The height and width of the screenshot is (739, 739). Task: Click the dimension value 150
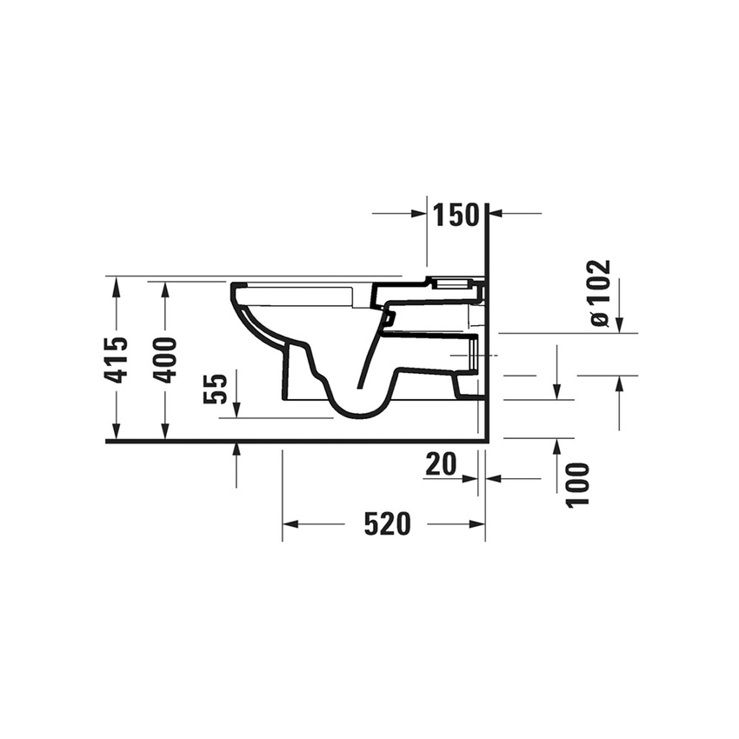(456, 215)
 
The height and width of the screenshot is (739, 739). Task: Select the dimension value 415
(116, 359)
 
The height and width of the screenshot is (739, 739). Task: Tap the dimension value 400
(165, 359)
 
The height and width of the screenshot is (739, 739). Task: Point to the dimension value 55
(216, 388)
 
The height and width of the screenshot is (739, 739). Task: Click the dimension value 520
(387, 523)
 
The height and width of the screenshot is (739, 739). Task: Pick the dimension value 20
(442, 465)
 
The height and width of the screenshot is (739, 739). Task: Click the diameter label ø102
(600, 293)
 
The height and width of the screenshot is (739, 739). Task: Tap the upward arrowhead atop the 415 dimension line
(116, 284)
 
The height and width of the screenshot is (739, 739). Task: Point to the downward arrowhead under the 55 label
(236, 411)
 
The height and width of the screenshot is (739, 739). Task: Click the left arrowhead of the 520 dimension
(290, 523)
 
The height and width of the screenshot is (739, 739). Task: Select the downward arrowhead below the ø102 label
(620, 325)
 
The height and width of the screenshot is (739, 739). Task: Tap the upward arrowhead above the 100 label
(556, 445)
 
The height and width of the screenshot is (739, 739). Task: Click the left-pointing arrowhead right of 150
(497, 213)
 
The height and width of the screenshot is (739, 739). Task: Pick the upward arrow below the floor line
(237, 449)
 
